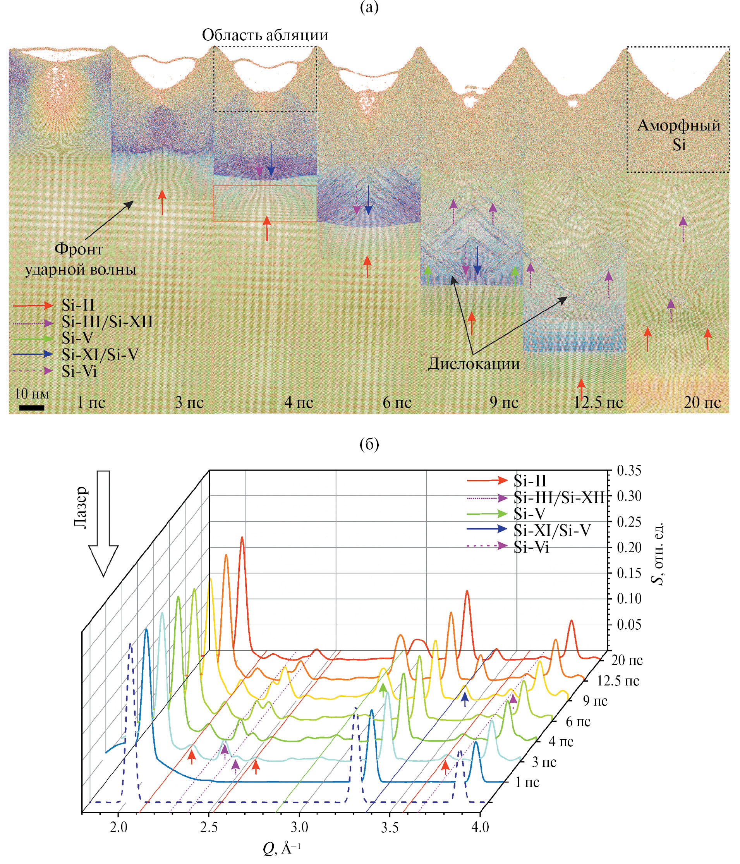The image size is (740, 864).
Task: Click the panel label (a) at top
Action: pyautogui.click(x=369, y=8)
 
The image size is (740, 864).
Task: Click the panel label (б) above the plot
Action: pyautogui.click(x=369, y=445)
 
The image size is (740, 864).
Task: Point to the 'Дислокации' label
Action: pyautogui.click(x=474, y=364)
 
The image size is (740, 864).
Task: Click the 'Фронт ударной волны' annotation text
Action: pyautogui.click(x=80, y=259)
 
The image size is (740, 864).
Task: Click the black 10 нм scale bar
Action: pyautogui.click(x=32, y=407)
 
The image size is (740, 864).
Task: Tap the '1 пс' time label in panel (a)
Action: pyautogui.click(x=91, y=402)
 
